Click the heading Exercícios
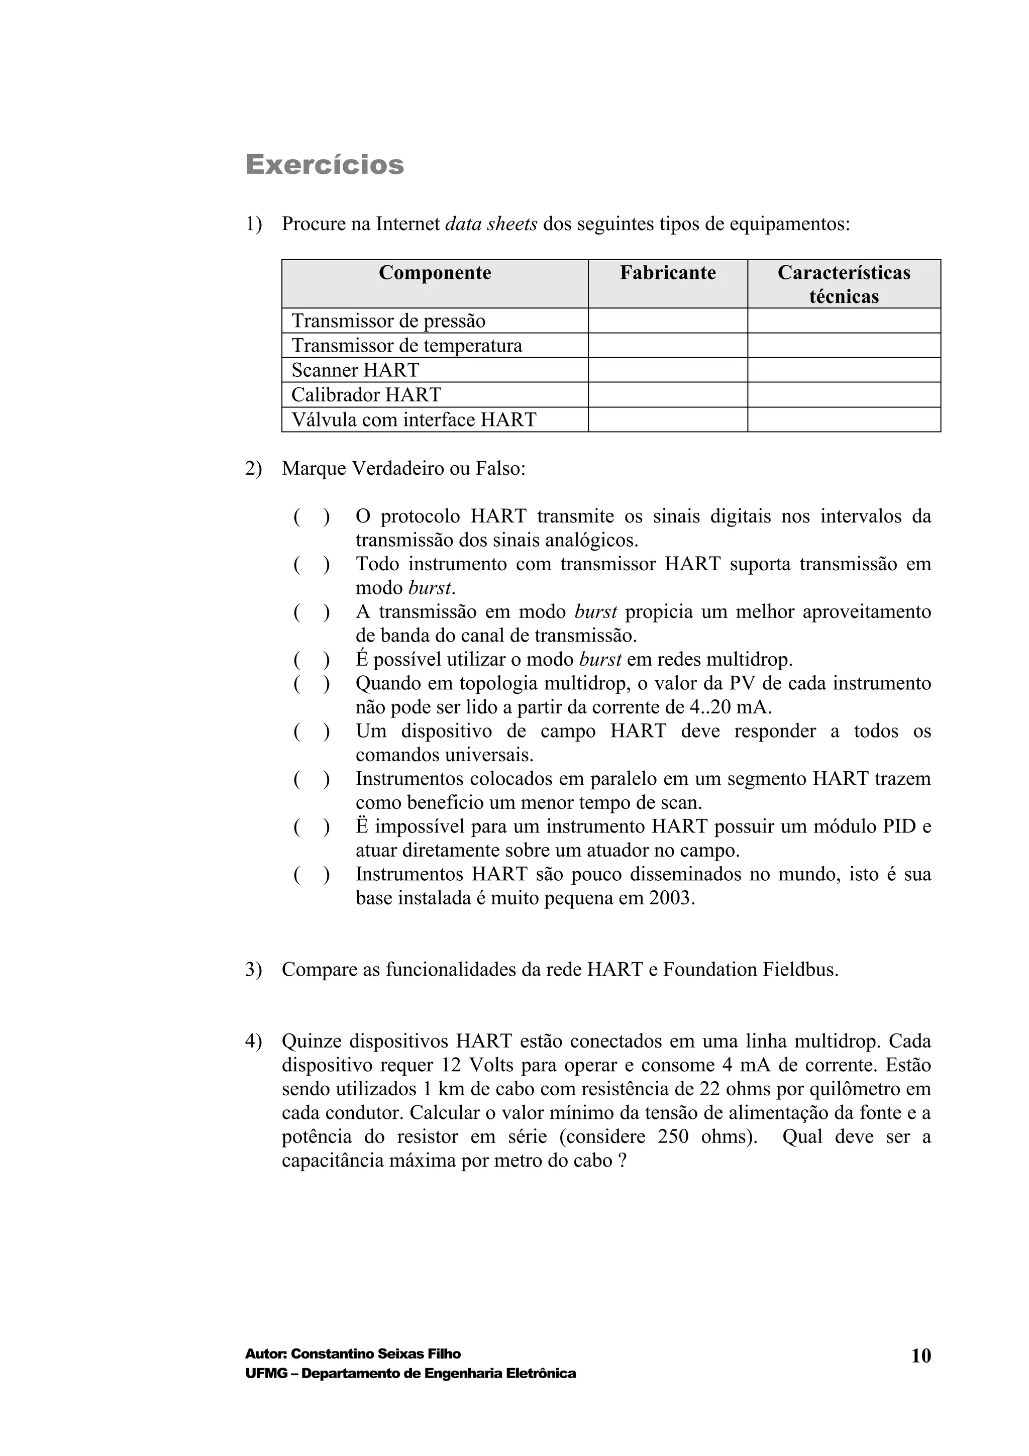pyautogui.click(x=325, y=165)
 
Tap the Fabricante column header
pyautogui.click(x=668, y=273)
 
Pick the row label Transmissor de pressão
pyautogui.click(x=388, y=321)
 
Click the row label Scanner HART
pyautogui.click(x=355, y=370)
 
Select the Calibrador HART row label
pyautogui.click(x=366, y=394)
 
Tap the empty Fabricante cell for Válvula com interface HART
pyautogui.click(x=668, y=420)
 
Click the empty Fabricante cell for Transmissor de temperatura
pyautogui.click(x=668, y=346)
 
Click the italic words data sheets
pyautogui.click(x=491, y=224)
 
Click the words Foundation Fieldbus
pyautogui.click(x=750, y=970)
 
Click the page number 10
pyautogui.click(x=920, y=1356)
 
